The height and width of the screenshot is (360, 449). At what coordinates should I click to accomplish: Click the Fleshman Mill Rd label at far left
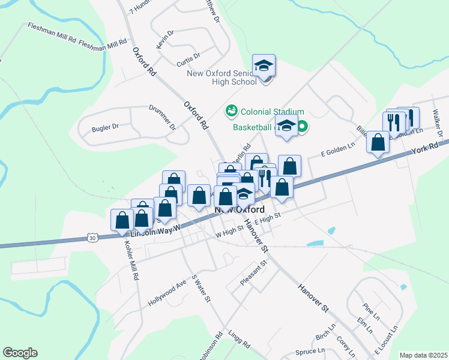tap(51, 33)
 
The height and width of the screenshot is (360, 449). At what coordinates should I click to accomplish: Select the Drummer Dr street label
tap(162, 118)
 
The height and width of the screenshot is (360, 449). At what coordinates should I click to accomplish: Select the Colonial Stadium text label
tap(272, 112)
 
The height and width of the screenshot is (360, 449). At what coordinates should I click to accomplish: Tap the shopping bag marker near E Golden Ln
tap(378, 143)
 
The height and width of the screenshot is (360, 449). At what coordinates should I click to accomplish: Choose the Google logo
tap(20, 353)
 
